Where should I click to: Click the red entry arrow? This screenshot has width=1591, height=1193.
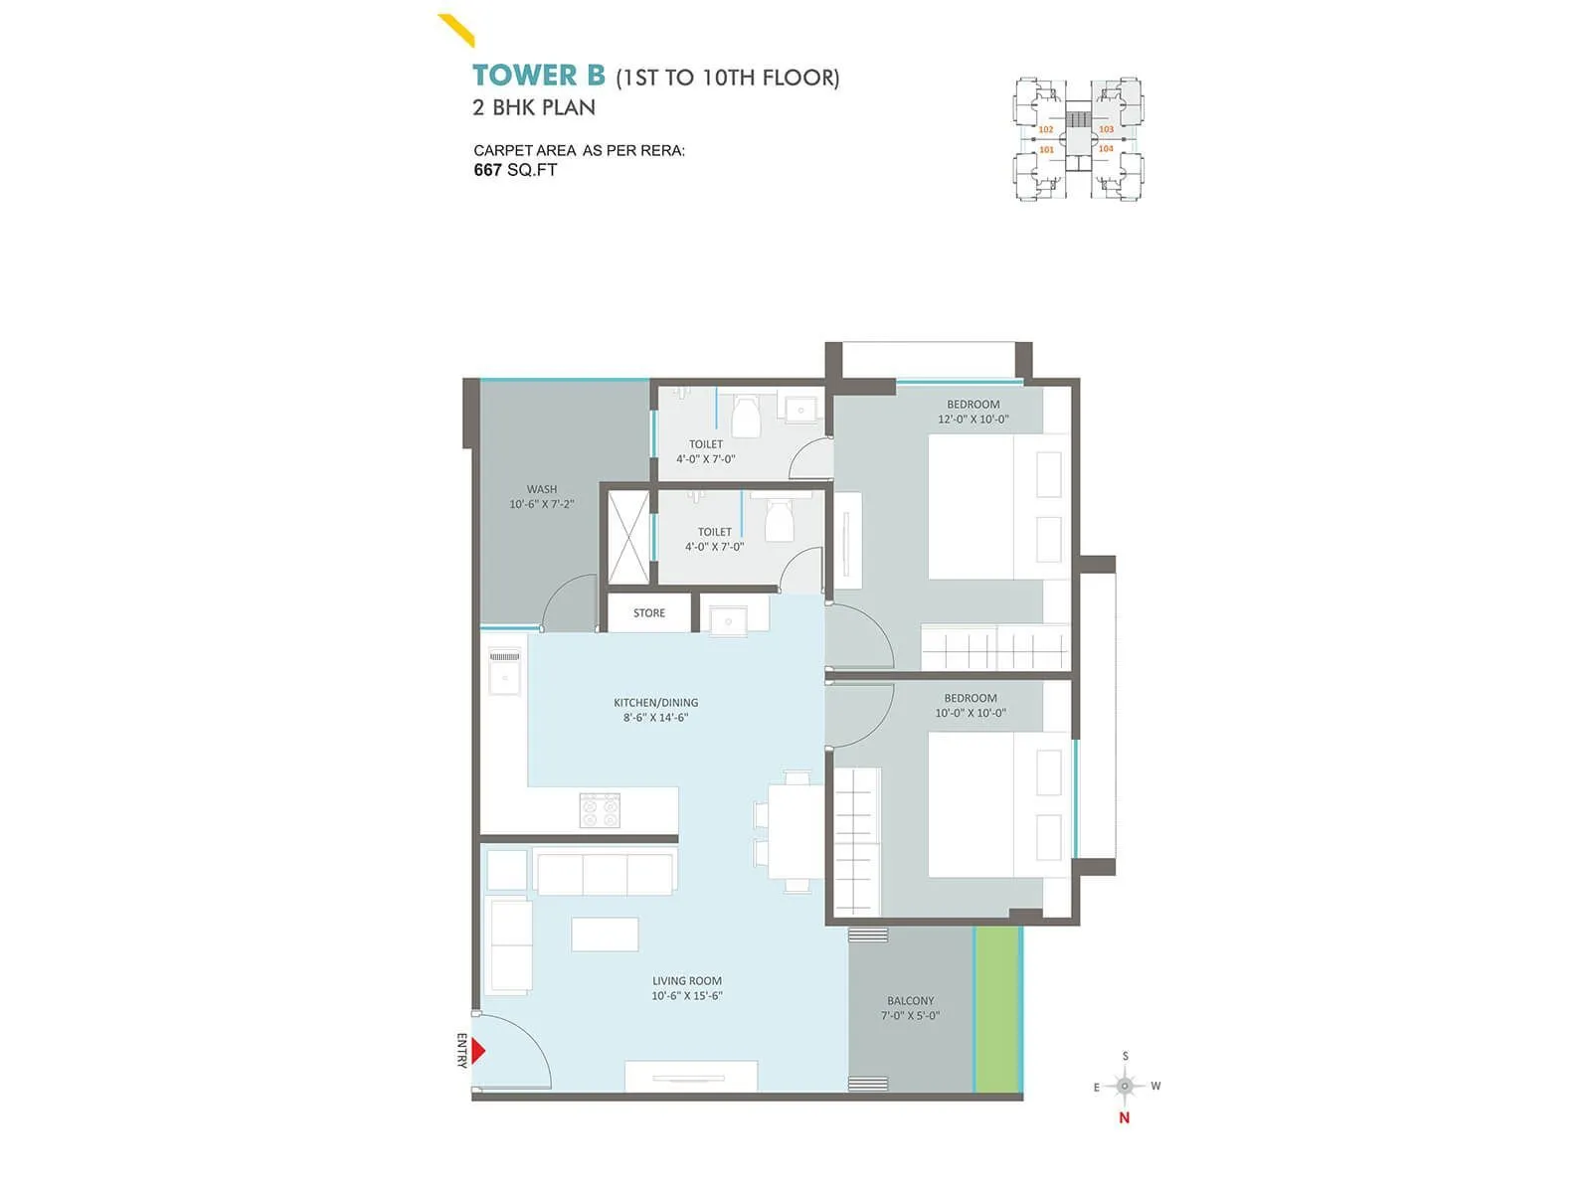coord(478,1051)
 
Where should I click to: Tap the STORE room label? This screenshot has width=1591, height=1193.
coord(649,613)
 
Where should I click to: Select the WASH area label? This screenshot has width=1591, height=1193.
coord(542,489)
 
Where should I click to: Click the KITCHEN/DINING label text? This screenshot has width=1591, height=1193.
coord(655,703)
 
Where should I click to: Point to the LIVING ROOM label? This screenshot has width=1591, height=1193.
coord(687,980)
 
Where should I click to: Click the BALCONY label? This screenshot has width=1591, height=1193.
coord(910,1001)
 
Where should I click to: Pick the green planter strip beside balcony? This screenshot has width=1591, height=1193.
coord(996,1009)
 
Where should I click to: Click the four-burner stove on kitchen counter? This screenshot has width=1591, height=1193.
coord(600,810)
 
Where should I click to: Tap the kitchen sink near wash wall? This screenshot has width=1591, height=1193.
coord(505,677)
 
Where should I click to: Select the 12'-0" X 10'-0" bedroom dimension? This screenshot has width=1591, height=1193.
coord(972,420)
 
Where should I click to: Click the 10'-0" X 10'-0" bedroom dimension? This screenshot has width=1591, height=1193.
coord(970,713)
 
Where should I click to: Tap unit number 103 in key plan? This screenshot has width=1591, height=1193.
coord(1106,129)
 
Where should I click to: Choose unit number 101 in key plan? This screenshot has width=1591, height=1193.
coord(1046,150)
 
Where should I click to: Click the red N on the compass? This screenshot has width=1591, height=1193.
coord(1125,1117)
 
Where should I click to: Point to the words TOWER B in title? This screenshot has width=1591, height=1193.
coord(539,76)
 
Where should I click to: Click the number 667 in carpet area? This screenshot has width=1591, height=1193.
coord(487,170)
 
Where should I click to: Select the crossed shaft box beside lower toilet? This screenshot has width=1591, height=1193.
coord(628,537)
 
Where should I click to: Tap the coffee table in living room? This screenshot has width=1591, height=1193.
coord(605,935)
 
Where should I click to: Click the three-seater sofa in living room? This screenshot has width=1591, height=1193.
coord(606,873)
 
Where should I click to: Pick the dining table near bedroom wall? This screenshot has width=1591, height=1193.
coord(795,831)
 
